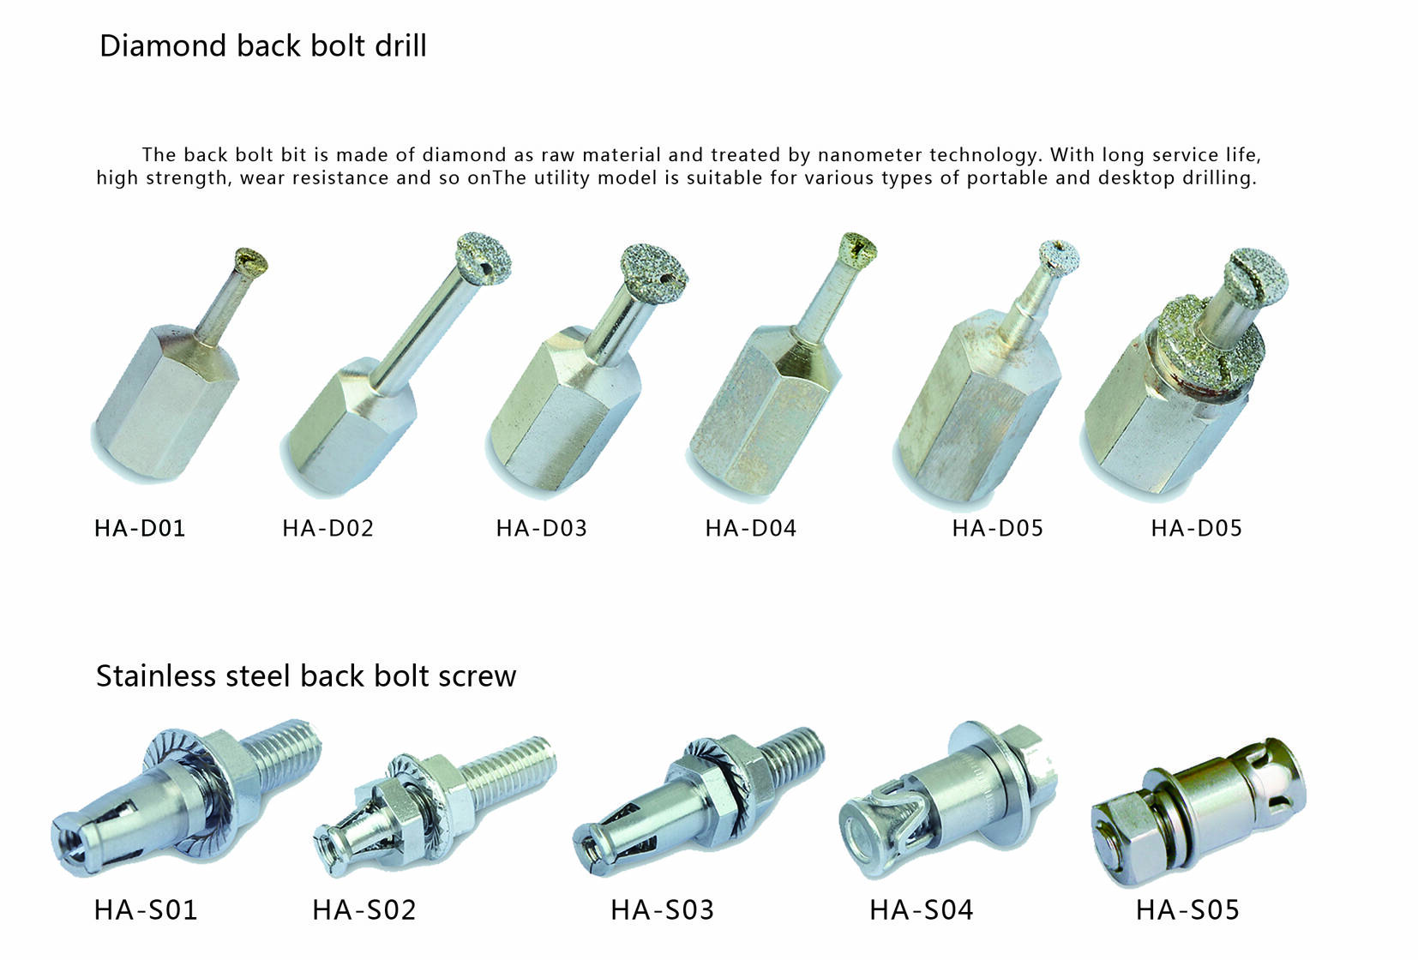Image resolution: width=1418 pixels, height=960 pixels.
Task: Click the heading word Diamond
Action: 163,46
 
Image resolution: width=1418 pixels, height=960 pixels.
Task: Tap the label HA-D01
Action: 140,528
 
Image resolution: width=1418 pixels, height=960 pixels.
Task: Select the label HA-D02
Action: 328,528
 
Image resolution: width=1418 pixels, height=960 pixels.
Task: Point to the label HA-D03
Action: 542,528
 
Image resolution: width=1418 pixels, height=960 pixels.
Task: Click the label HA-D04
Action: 751,528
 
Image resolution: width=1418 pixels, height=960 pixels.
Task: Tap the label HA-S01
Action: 146,909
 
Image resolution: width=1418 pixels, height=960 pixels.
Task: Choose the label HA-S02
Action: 364,909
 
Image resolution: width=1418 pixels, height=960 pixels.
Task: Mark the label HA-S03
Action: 663,909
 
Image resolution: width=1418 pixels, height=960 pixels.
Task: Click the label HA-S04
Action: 922,909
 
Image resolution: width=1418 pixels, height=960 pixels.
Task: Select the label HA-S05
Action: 1188,909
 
